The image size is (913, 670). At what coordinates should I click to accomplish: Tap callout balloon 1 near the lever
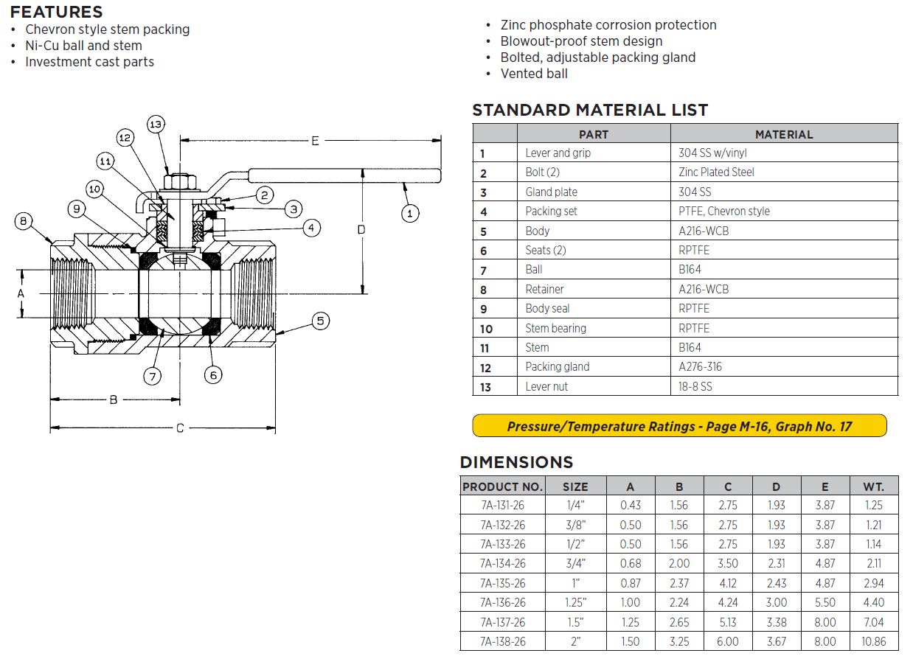tap(410, 214)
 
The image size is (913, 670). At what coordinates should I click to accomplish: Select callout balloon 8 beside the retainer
tap(24, 221)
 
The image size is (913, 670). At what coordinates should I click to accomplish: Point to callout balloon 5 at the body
tap(320, 321)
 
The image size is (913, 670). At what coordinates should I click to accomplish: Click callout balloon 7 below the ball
tap(152, 376)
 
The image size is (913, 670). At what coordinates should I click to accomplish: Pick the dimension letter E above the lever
tap(315, 140)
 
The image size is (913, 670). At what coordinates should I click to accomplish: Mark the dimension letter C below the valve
tap(180, 428)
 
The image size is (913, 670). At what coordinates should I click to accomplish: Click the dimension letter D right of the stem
tap(361, 229)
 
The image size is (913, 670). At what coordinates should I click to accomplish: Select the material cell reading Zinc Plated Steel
tap(716, 172)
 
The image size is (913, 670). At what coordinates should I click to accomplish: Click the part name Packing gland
tap(557, 367)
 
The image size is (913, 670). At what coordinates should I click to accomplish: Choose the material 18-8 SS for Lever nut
tap(695, 386)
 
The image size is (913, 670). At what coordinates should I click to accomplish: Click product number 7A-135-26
tap(502, 583)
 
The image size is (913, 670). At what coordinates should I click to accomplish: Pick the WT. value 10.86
tap(873, 641)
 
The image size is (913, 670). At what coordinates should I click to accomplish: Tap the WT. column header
tap(873, 486)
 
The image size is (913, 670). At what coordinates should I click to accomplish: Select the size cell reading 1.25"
tap(575, 602)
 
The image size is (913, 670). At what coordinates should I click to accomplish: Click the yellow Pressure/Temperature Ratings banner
tap(679, 426)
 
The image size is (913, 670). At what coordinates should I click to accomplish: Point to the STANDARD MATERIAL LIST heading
tap(590, 111)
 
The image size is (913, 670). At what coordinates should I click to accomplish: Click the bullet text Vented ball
tap(534, 74)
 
